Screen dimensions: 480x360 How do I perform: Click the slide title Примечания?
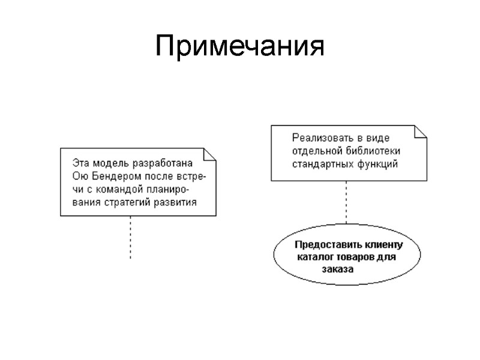click(239, 47)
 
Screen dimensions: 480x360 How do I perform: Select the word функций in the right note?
click(379, 163)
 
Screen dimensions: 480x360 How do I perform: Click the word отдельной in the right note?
click(316, 151)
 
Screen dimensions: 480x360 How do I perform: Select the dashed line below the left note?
click(130, 237)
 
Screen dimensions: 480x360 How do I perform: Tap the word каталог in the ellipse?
click(316, 257)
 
